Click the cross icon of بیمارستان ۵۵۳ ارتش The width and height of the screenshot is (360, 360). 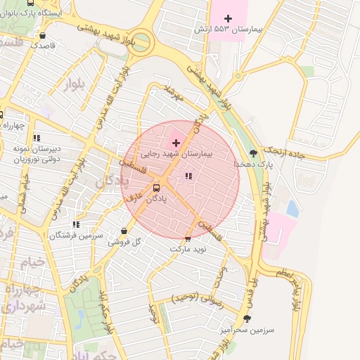click(228, 18)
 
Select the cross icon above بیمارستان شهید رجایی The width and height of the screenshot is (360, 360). click(176, 143)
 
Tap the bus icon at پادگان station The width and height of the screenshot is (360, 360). click(156, 188)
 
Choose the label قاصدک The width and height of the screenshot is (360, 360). click(42, 45)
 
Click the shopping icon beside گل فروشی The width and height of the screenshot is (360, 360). click(124, 231)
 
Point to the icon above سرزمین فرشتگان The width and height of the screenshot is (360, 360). click(75, 225)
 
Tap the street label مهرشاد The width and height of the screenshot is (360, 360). click(173, 94)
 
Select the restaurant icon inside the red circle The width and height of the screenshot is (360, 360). click(188, 176)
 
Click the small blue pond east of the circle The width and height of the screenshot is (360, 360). click(292, 208)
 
